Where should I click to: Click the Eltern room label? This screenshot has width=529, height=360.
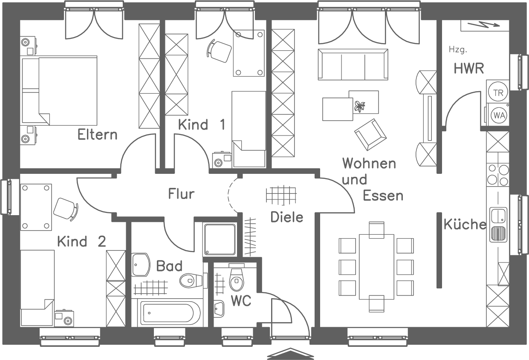coord(97,135)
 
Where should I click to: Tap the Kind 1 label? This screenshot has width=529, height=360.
coord(201,125)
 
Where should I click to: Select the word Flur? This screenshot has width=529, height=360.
coord(181,194)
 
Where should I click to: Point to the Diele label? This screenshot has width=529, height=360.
coord(287,217)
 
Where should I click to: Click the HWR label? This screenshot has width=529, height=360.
coord(469,69)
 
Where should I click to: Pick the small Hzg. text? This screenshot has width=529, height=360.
coord(458,50)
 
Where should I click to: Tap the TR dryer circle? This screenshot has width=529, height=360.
coord(497,92)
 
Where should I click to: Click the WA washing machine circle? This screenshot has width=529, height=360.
coord(497,114)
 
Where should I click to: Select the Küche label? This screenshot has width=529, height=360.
coord(465,225)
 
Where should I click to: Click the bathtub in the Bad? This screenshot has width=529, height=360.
coord(170,313)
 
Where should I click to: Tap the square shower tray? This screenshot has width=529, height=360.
coord(220,239)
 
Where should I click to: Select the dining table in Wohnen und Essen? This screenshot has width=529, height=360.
coord(376,266)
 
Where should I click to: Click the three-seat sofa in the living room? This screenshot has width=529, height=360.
coord(353,64)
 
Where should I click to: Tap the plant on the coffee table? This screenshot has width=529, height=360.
coord(360,107)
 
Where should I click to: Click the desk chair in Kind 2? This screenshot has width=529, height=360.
coord(65,209)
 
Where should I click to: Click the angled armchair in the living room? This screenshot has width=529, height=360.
coord(370,135)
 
